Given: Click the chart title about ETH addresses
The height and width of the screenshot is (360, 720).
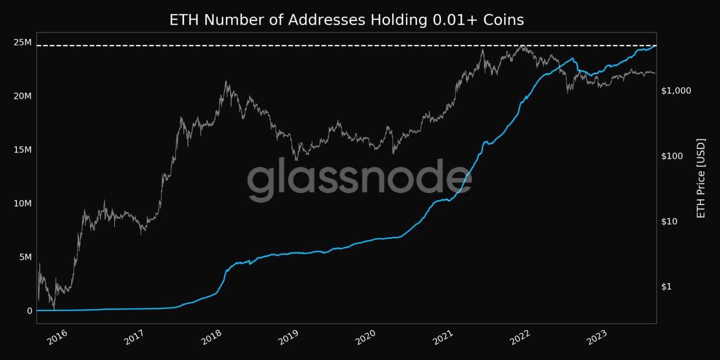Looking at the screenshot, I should (x=346, y=20).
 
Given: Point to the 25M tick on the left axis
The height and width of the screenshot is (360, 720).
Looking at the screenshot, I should (x=22, y=43).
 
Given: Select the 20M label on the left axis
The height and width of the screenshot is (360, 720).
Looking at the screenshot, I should (x=22, y=96).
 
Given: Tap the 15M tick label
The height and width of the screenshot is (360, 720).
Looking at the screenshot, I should (x=22, y=150).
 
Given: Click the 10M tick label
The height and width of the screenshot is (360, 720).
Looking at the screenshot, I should (x=22, y=203).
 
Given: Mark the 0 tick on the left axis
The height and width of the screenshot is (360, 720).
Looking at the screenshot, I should (x=30, y=311).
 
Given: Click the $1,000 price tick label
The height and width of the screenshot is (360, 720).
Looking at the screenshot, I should (x=676, y=90).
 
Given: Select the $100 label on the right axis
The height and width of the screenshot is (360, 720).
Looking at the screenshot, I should (x=672, y=156).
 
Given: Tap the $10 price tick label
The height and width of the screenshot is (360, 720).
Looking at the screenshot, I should (x=670, y=221).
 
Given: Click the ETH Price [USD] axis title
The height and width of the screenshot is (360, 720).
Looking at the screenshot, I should (x=701, y=178).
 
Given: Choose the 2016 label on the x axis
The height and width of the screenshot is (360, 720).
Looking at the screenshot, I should (x=57, y=337).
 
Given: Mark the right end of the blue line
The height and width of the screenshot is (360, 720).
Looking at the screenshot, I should (x=655, y=46).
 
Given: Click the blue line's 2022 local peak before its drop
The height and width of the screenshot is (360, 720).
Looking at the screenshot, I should (x=572, y=59).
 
